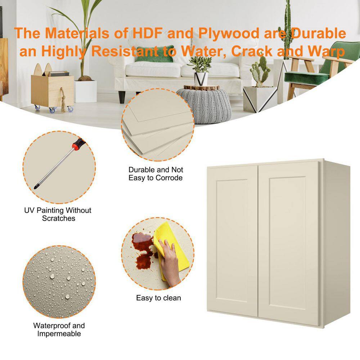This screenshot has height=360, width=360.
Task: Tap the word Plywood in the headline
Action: coord(229,33)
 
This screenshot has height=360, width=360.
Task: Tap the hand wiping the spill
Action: coord(170,262)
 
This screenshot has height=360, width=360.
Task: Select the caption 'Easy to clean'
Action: coord(158,298)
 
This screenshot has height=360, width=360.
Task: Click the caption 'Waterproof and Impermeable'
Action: coord(59,329)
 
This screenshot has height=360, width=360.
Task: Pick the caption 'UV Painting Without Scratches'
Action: coord(58,214)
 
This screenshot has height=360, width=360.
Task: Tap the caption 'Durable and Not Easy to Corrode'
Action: coord(156,174)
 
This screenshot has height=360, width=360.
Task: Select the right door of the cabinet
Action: coord(289,243)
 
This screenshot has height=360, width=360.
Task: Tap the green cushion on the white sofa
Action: coord(154,57)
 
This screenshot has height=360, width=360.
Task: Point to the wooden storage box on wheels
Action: coord(52,90)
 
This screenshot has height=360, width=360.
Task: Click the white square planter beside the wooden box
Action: coord(85,91)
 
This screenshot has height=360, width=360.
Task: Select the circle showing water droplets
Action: coord(59,282)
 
